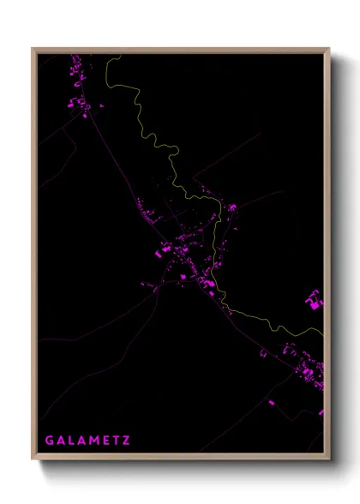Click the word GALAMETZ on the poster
click(x=87, y=441)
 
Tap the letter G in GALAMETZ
click(x=49, y=441)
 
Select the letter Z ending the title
click(x=127, y=441)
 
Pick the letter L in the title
click(x=70, y=441)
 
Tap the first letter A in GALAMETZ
click(x=59, y=441)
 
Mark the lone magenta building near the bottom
click(x=271, y=401)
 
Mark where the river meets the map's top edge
click(x=121, y=55)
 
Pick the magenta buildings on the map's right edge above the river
click(x=315, y=300)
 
